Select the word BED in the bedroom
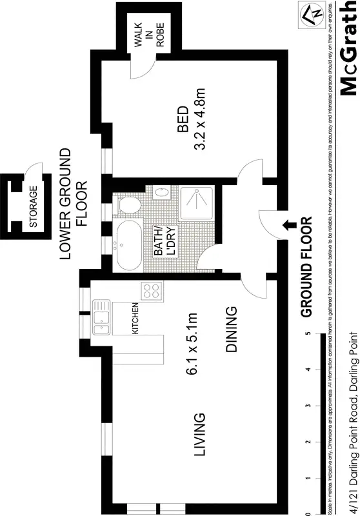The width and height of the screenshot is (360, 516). pos(183,119)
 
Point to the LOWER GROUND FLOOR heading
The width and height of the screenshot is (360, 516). pos(73,204)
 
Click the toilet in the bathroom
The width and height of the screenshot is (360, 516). pos(130,205)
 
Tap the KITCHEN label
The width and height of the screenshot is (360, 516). pos(135,318)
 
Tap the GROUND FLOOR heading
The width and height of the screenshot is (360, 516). pos(306,267)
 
